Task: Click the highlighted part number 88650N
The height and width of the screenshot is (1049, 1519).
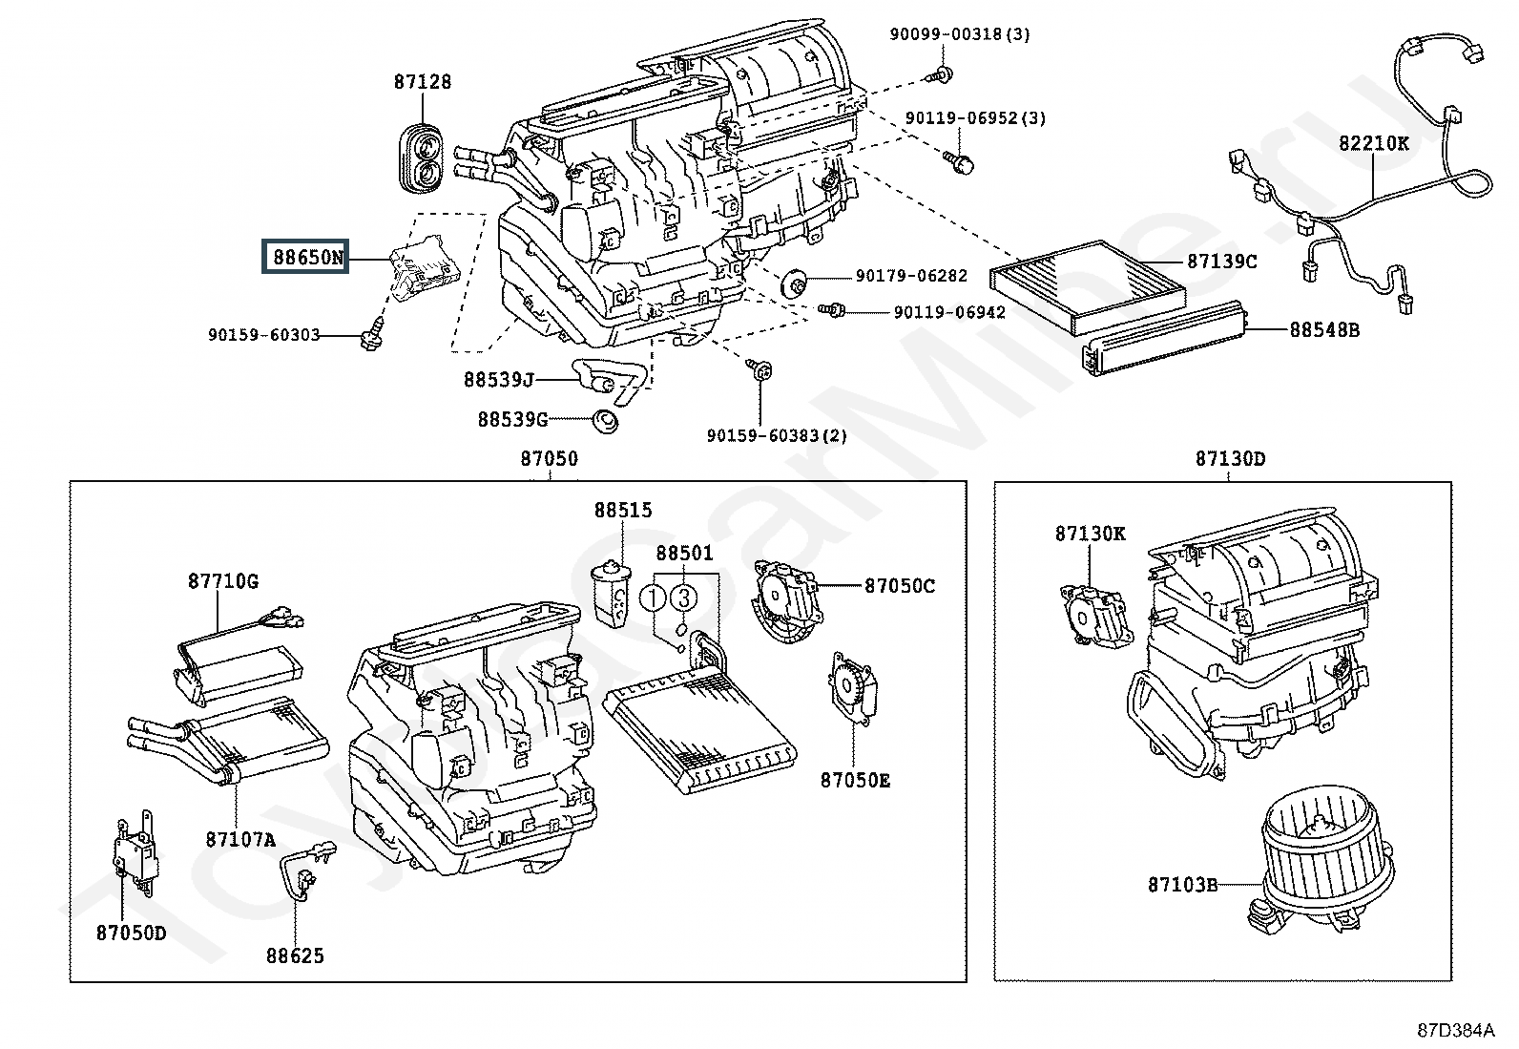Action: pos(306,257)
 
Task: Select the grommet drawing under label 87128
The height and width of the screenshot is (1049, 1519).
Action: pos(422,159)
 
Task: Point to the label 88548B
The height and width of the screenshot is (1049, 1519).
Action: pos(1324,330)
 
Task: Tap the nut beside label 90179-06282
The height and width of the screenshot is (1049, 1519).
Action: pos(794,283)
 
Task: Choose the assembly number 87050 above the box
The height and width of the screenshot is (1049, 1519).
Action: pos(549,459)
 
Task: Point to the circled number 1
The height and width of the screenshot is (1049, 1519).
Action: pos(652,598)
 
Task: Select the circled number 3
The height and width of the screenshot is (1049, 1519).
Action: pos(683,598)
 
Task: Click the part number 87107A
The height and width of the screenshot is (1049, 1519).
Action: pos(239,840)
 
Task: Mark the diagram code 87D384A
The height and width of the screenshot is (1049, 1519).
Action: pos(1456,1030)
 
